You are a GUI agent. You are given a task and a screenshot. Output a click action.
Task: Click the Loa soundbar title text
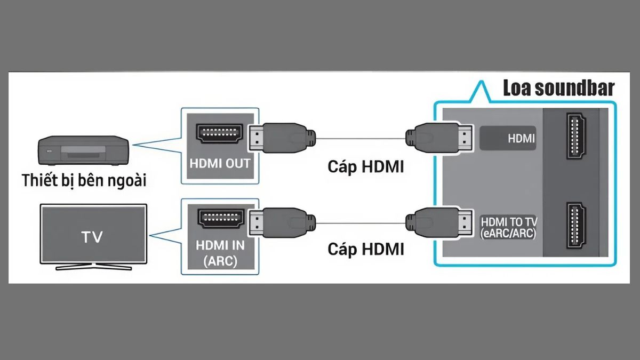pos(558,88)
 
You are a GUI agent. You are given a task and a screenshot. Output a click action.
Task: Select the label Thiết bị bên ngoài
pos(84,180)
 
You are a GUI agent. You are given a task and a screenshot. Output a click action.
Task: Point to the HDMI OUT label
pos(220,164)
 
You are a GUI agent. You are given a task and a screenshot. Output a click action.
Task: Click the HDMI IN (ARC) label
pos(220,254)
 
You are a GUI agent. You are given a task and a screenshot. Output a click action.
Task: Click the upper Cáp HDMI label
pos(365,166)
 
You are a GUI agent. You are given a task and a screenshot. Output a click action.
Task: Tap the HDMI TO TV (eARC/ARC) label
pos(508,227)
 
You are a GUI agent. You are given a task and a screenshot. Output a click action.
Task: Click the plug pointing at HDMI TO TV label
pos(438,220)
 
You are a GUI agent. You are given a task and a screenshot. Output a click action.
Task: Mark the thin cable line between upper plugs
pos(360,139)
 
